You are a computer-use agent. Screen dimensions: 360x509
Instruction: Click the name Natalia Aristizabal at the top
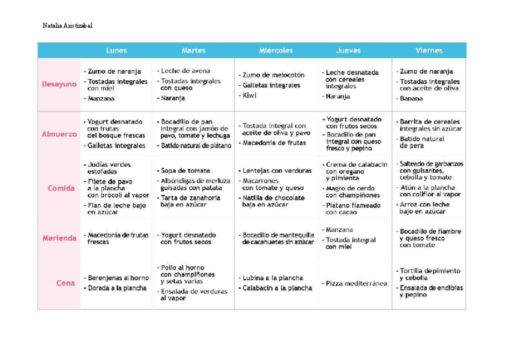pyautogui.click(x=68, y=25)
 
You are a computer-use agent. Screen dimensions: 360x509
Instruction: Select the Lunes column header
pyautogui.click(x=116, y=50)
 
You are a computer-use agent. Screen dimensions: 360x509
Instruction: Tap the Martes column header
pyautogui.click(x=193, y=50)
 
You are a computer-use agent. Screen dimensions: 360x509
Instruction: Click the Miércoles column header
pyautogui.click(x=276, y=50)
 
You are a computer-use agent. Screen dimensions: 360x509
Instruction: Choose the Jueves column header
pyautogui.click(x=348, y=50)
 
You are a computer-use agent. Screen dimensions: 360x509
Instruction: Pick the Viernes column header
pyautogui.click(x=429, y=50)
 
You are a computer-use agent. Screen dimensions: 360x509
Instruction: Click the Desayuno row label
pyautogui.click(x=59, y=84)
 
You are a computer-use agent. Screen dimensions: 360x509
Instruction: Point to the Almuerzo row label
pyautogui.click(x=59, y=134)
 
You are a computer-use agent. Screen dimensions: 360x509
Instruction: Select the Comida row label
pyautogui.click(x=61, y=188)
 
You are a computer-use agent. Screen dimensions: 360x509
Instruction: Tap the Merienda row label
pyautogui.click(x=59, y=238)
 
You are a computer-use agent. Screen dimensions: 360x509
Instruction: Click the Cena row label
pyautogui.click(x=65, y=283)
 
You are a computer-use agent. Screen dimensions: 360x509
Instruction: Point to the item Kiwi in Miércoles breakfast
pyautogui.click(x=248, y=95)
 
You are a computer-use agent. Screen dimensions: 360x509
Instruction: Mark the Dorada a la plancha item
pyautogui.click(x=116, y=288)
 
